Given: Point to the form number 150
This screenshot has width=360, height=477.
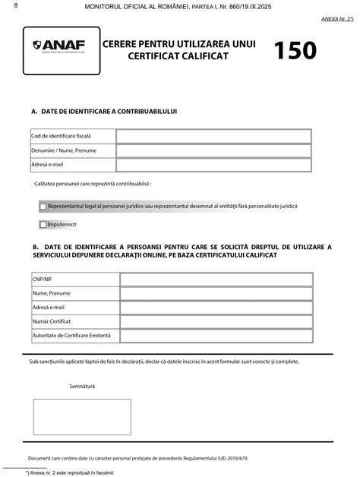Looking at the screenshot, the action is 295,50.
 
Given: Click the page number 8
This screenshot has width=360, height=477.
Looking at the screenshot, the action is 6,7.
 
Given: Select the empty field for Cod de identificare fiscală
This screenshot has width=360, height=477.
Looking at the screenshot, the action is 213,136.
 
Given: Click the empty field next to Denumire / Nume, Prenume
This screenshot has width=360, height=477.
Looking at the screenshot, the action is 213,150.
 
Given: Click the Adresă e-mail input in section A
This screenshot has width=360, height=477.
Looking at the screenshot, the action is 213,165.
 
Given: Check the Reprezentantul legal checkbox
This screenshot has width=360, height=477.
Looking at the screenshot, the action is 43,206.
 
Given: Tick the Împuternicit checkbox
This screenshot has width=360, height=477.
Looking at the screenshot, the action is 43,225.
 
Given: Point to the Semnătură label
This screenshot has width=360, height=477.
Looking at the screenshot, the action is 82,387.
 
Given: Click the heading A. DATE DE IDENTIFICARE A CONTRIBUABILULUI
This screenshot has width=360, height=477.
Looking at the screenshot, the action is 104,111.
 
